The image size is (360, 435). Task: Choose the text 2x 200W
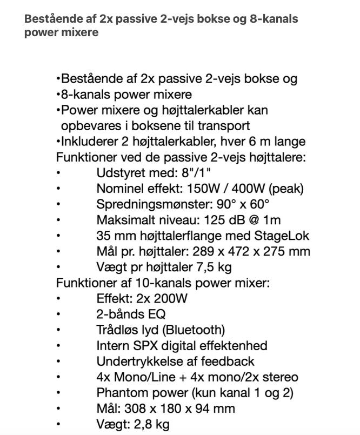pos(161,298)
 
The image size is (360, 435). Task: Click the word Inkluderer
pos(87,141)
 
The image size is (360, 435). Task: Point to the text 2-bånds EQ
pos(131,313)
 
